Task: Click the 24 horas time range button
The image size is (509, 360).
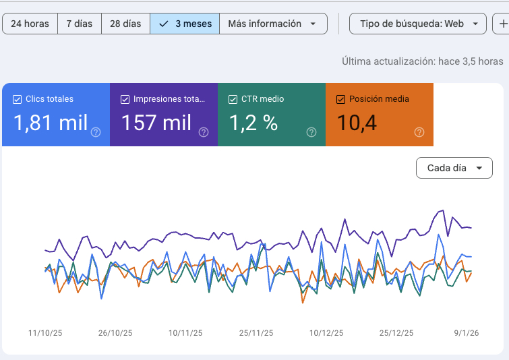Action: [30, 24]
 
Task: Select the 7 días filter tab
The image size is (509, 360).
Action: [79, 24]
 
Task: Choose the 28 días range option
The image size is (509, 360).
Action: [125, 24]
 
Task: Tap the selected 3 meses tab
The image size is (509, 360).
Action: [185, 24]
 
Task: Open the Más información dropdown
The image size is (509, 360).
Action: [272, 24]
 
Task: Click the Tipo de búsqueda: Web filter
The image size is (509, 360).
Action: [417, 24]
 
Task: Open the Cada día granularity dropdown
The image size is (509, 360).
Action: [454, 168]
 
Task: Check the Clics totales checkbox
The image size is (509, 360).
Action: [18, 99]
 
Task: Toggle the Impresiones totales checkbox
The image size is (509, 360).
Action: [125, 99]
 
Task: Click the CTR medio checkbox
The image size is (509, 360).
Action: [233, 99]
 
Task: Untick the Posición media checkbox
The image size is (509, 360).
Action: [340, 99]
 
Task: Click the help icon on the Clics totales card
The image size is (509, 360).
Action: [96, 132]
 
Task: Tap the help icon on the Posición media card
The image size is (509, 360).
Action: [419, 132]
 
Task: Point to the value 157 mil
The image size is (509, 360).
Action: [156, 123]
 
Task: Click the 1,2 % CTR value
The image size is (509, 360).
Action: [253, 123]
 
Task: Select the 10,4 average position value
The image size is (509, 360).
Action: [357, 123]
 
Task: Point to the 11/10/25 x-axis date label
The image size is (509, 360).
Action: [44, 333]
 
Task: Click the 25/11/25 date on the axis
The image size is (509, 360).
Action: [256, 333]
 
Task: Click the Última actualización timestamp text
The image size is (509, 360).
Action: [422, 61]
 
